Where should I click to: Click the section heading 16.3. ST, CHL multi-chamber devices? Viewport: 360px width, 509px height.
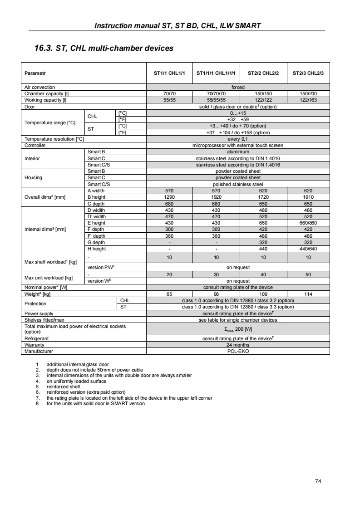click(x=104, y=48)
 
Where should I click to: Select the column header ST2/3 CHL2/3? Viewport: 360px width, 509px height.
click(x=308, y=73)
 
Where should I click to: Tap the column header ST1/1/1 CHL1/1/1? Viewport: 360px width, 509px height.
click(x=216, y=73)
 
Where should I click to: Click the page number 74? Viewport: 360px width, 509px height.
click(x=318, y=481)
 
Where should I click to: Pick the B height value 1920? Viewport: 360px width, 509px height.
click(x=216, y=197)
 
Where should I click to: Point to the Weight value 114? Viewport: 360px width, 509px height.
click(x=308, y=294)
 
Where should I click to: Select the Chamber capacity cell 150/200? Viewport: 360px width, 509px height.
click(x=308, y=93)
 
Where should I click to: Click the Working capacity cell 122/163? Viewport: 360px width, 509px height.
click(x=308, y=100)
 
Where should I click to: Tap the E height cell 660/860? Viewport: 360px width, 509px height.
click(x=308, y=223)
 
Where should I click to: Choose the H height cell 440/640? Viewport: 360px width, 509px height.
click(x=308, y=249)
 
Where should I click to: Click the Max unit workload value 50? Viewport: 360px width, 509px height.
click(x=308, y=274)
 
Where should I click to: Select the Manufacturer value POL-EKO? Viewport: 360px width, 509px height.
click(x=238, y=351)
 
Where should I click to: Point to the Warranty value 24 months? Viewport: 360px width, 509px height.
click(x=238, y=345)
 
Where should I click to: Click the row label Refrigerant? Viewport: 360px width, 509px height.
click(x=36, y=338)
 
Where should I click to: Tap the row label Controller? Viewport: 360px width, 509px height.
click(x=35, y=145)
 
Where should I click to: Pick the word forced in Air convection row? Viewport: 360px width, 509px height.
click(x=238, y=87)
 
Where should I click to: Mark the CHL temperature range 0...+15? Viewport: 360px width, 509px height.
click(x=238, y=113)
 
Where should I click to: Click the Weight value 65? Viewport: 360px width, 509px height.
click(x=169, y=294)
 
